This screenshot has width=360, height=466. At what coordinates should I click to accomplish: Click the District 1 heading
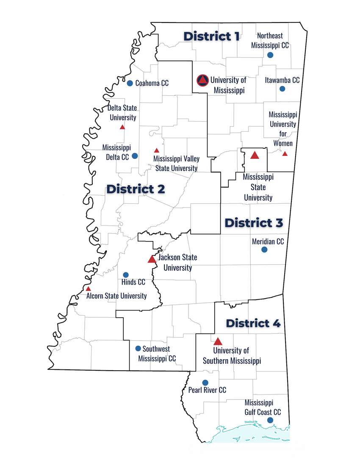[211, 36]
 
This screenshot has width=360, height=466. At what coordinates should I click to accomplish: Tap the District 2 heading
[136, 189]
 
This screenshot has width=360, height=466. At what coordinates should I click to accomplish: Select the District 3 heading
[254, 222]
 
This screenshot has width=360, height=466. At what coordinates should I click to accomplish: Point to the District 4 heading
[253, 323]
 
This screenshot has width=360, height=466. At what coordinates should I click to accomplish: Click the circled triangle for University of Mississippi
[202, 80]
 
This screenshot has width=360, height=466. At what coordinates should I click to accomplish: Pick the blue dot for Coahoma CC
[130, 83]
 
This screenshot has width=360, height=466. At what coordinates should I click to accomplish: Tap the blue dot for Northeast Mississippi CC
[270, 55]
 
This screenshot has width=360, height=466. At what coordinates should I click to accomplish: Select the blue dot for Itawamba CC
[282, 89]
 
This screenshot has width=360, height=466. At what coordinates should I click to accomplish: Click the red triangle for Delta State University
[122, 127]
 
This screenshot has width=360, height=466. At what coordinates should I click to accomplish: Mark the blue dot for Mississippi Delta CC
[135, 156]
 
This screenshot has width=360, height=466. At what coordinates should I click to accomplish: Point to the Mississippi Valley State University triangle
[156, 150]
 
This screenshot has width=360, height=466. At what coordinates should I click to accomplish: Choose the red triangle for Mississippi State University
[255, 155]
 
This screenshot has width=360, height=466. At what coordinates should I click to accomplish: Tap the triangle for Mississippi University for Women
[285, 154]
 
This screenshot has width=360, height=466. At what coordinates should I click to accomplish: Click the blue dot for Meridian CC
[264, 250]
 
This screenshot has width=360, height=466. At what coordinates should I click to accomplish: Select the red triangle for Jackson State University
[152, 259]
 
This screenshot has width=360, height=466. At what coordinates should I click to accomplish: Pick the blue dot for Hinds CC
[126, 275]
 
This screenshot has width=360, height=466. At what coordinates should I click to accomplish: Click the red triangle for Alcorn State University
[88, 288]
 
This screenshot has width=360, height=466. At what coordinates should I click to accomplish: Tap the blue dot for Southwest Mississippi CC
[138, 349]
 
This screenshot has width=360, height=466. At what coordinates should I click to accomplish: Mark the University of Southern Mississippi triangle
[218, 341]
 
